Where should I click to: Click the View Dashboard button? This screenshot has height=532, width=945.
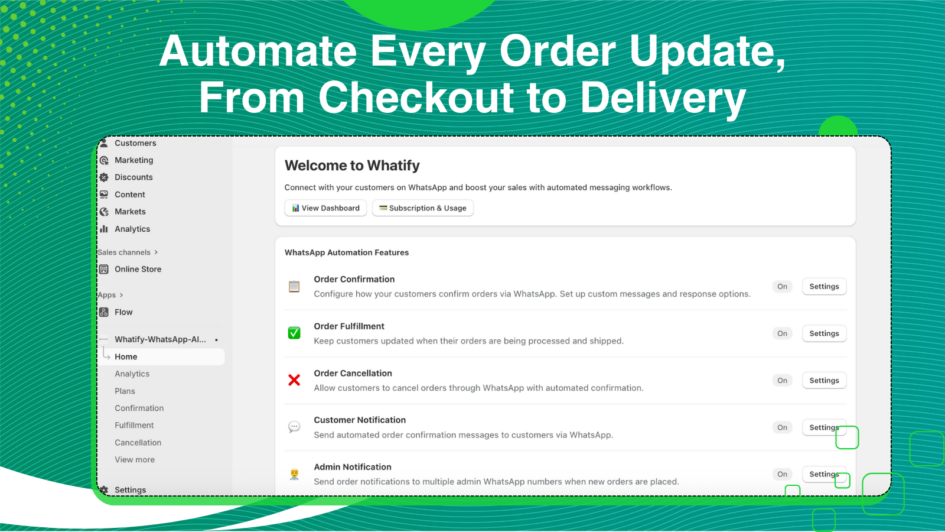325,208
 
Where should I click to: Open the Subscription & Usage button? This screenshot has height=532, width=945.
423,208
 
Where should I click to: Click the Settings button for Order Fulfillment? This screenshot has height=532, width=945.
824,333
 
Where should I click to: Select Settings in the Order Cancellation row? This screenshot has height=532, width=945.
824,381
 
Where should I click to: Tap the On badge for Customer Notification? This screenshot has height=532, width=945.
782,427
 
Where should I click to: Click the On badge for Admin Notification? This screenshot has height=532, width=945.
782,474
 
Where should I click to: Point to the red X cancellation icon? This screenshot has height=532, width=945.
294,380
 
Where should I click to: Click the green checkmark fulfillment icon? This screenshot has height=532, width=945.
294,333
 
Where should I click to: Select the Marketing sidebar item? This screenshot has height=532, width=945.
133,160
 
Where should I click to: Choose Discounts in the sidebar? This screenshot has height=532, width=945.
133,177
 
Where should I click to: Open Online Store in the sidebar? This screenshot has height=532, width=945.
138,269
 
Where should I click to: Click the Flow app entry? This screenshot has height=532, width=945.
123,312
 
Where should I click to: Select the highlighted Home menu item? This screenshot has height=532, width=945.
126,356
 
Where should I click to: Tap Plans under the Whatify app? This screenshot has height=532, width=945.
125,391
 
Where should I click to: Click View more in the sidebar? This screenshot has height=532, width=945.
135,460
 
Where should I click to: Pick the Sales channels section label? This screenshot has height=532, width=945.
124,252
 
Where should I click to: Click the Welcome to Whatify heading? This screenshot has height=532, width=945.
352,166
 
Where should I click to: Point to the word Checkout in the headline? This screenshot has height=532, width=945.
416,98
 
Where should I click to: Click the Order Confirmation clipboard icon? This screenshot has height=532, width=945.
294,287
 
